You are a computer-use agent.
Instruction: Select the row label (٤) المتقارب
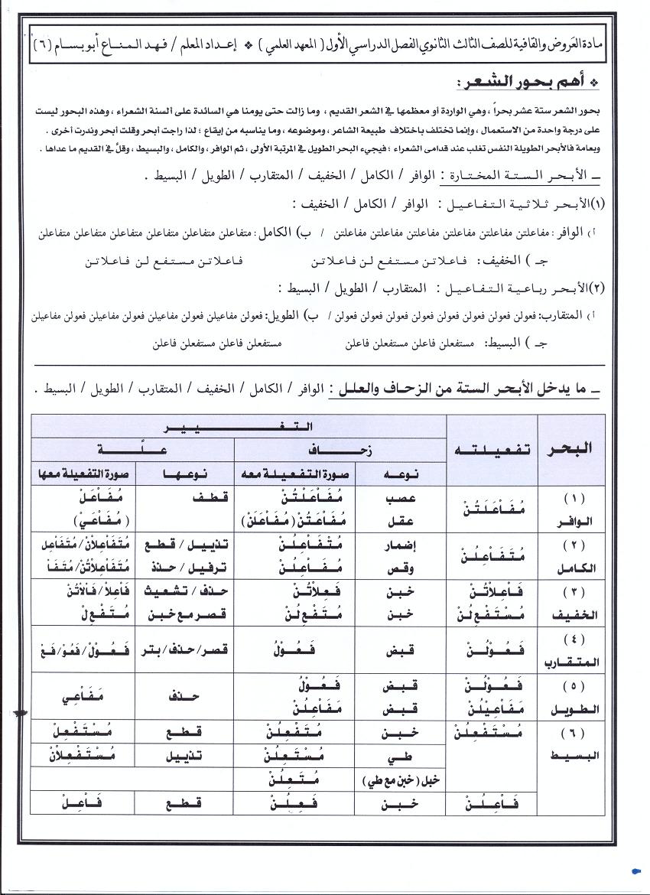pos(572,650)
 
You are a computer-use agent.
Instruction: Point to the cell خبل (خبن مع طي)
pos(398,782)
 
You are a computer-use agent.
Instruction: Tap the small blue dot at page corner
pos(637,870)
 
